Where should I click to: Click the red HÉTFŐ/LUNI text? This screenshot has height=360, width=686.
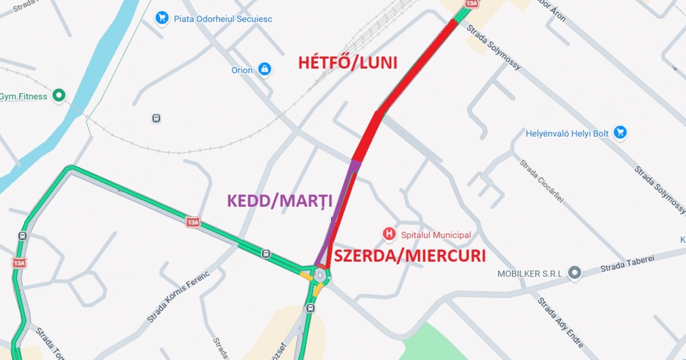(348, 62)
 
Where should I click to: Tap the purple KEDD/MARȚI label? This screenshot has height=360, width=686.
(280, 201)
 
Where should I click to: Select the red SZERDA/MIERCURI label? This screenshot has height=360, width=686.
(409, 255)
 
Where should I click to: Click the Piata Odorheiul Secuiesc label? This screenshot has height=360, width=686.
(223, 19)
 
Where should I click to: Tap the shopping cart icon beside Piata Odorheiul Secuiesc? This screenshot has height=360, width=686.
(162, 18)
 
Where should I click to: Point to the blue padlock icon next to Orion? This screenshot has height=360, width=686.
(264, 70)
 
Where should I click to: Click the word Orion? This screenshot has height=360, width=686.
(242, 70)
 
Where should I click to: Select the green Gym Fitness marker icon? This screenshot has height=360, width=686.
(58, 96)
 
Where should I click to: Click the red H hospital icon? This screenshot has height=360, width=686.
(389, 234)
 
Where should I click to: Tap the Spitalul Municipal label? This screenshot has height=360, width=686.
(436, 235)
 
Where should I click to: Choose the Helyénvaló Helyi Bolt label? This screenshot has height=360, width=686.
(567, 134)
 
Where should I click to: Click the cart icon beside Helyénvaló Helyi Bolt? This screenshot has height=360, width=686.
(620, 133)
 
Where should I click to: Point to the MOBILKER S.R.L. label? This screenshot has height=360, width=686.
(529, 274)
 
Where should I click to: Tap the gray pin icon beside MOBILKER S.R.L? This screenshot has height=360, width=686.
(575, 273)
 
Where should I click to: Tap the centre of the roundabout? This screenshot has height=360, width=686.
(319, 275)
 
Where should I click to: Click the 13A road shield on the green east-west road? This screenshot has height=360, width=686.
(193, 222)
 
